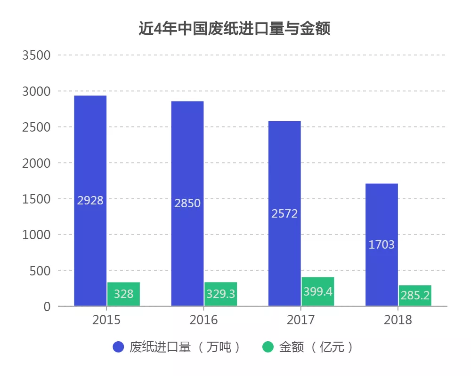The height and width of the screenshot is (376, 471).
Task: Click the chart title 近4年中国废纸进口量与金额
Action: click(x=234, y=29)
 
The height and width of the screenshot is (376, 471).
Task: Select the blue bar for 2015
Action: click(x=90, y=155)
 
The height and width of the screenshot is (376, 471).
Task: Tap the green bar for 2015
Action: click(x=123, y=294)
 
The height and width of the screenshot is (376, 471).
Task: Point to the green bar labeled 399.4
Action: click(x=317, y=292)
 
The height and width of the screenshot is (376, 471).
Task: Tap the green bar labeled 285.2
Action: click(x=415, y=296)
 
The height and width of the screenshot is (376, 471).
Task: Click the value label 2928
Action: click(x=90, y=201)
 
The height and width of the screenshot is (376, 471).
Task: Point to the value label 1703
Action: click(x=382, y=245)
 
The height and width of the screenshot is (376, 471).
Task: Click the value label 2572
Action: click(x=284, y=214)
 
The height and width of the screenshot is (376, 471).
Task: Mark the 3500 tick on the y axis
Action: click(x=36, y=55)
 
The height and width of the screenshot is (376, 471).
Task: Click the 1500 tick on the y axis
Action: click(x=36, y=199)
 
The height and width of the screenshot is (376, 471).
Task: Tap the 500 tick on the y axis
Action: click(x=40, y=271)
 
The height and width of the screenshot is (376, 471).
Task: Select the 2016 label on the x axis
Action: click(x=203, y=321)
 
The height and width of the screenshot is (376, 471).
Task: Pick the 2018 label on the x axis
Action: click(x=398, y=321)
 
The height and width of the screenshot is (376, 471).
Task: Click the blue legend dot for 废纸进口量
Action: click(x=119, y=347)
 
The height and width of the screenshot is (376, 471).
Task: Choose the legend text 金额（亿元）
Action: click(x=316, y=347)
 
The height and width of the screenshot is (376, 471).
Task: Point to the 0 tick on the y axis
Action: click(x=47, y=306)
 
